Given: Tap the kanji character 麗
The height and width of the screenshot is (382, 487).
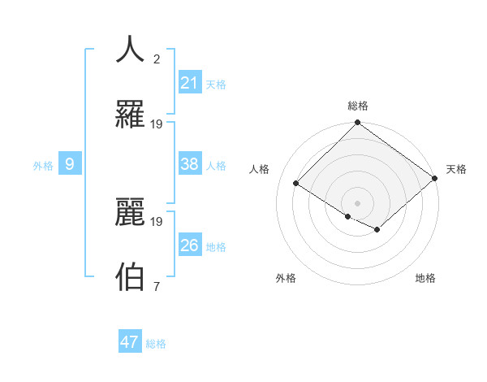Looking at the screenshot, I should pyautogui.click(x=131, y=211).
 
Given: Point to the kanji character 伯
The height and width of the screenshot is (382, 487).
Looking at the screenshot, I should pyautogui.click(x=131, y=276).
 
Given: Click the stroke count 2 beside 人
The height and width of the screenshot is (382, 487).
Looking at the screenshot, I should pyautogui.click(x=157, y=59).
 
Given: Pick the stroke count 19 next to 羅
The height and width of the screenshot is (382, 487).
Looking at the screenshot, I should pyautogui.click(x=157, y=124).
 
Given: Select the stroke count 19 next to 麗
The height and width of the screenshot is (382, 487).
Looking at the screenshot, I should pyautogui.click(x=157, y=221).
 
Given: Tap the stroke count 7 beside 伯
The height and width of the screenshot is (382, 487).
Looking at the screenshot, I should pyautogui.click(x=157, y=286).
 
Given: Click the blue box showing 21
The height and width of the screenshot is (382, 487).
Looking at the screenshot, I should pyautogui.click(x=190, y=82).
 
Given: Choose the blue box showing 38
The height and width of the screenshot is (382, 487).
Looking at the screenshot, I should pyautogui.click(x=190, y=164).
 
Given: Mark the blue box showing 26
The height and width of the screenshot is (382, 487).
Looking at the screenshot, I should pyautogui.click(x=190, y=245).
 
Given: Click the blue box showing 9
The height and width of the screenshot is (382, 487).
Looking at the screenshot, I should pyautogui.click(x=70, y=164).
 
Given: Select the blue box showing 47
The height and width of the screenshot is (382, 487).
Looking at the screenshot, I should pyautogui.click(x=130, y=342).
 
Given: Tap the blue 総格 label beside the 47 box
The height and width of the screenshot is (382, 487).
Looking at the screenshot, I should pyautogui.click(x=156, y=344).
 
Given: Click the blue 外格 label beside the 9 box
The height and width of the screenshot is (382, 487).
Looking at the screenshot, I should pyautogui.click(x=43, y=166).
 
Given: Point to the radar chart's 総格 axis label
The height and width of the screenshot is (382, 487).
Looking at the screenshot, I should pyautogui.click(x=358, y=106).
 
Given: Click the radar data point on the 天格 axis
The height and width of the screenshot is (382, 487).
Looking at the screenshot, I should pyautogui.click(x=435, y=178).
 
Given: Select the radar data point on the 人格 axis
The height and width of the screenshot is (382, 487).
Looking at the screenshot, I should pyautogui.click(x=296, y=183).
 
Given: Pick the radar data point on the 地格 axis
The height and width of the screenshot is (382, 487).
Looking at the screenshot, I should pyautogui.click(x=378, y=230).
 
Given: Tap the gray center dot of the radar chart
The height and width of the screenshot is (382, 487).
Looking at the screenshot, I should pyautogui.click(x=357, y=202).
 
